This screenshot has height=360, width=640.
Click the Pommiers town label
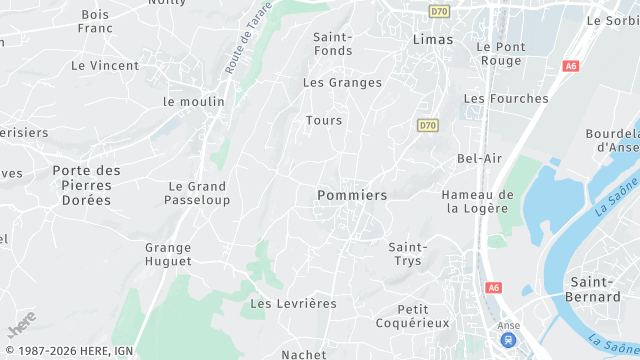pyautogui.click(x=351, y=195)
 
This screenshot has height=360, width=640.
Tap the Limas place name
pyautogui.click(x=432, y=40)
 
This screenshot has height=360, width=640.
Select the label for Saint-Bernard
pyautogui.click(x=594, y=289)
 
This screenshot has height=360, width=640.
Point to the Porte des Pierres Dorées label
pyautogui.click(x=86, y=185)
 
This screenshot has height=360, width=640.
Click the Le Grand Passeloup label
pyautogui.click(x=198, y=193)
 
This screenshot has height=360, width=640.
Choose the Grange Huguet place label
pyautogui.click(x=168, y=254)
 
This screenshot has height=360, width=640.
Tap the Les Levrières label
pyautogui.click(x=293, y=303)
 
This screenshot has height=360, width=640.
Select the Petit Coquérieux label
pyautogui.click(x=413, y=316)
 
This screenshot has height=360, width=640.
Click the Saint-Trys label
pyautogui.click(x=407, y=254)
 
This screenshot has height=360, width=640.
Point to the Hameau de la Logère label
pyautogui.click(x=477, y=201)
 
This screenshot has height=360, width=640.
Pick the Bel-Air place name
pyautogui.click(x=479, y=158)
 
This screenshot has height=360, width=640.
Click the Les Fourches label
pyautogui.click(x=506, y=99)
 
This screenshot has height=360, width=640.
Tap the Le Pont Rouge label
pyautogui.click(x=499, y=53)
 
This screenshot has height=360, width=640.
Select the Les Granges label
pyautogui.click(x=342, y=83)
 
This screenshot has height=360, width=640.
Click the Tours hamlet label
pyautogui.click(x=324, y=121)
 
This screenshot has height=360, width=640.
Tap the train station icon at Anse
pyautogui.click(x=509, y=340)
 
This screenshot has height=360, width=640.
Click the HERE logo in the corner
pyautogui.click(x=21, y=327)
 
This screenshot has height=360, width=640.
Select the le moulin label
pyautogui.click(x=194, y=102)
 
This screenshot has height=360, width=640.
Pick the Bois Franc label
pyautogui.click(x=95, y=22)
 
